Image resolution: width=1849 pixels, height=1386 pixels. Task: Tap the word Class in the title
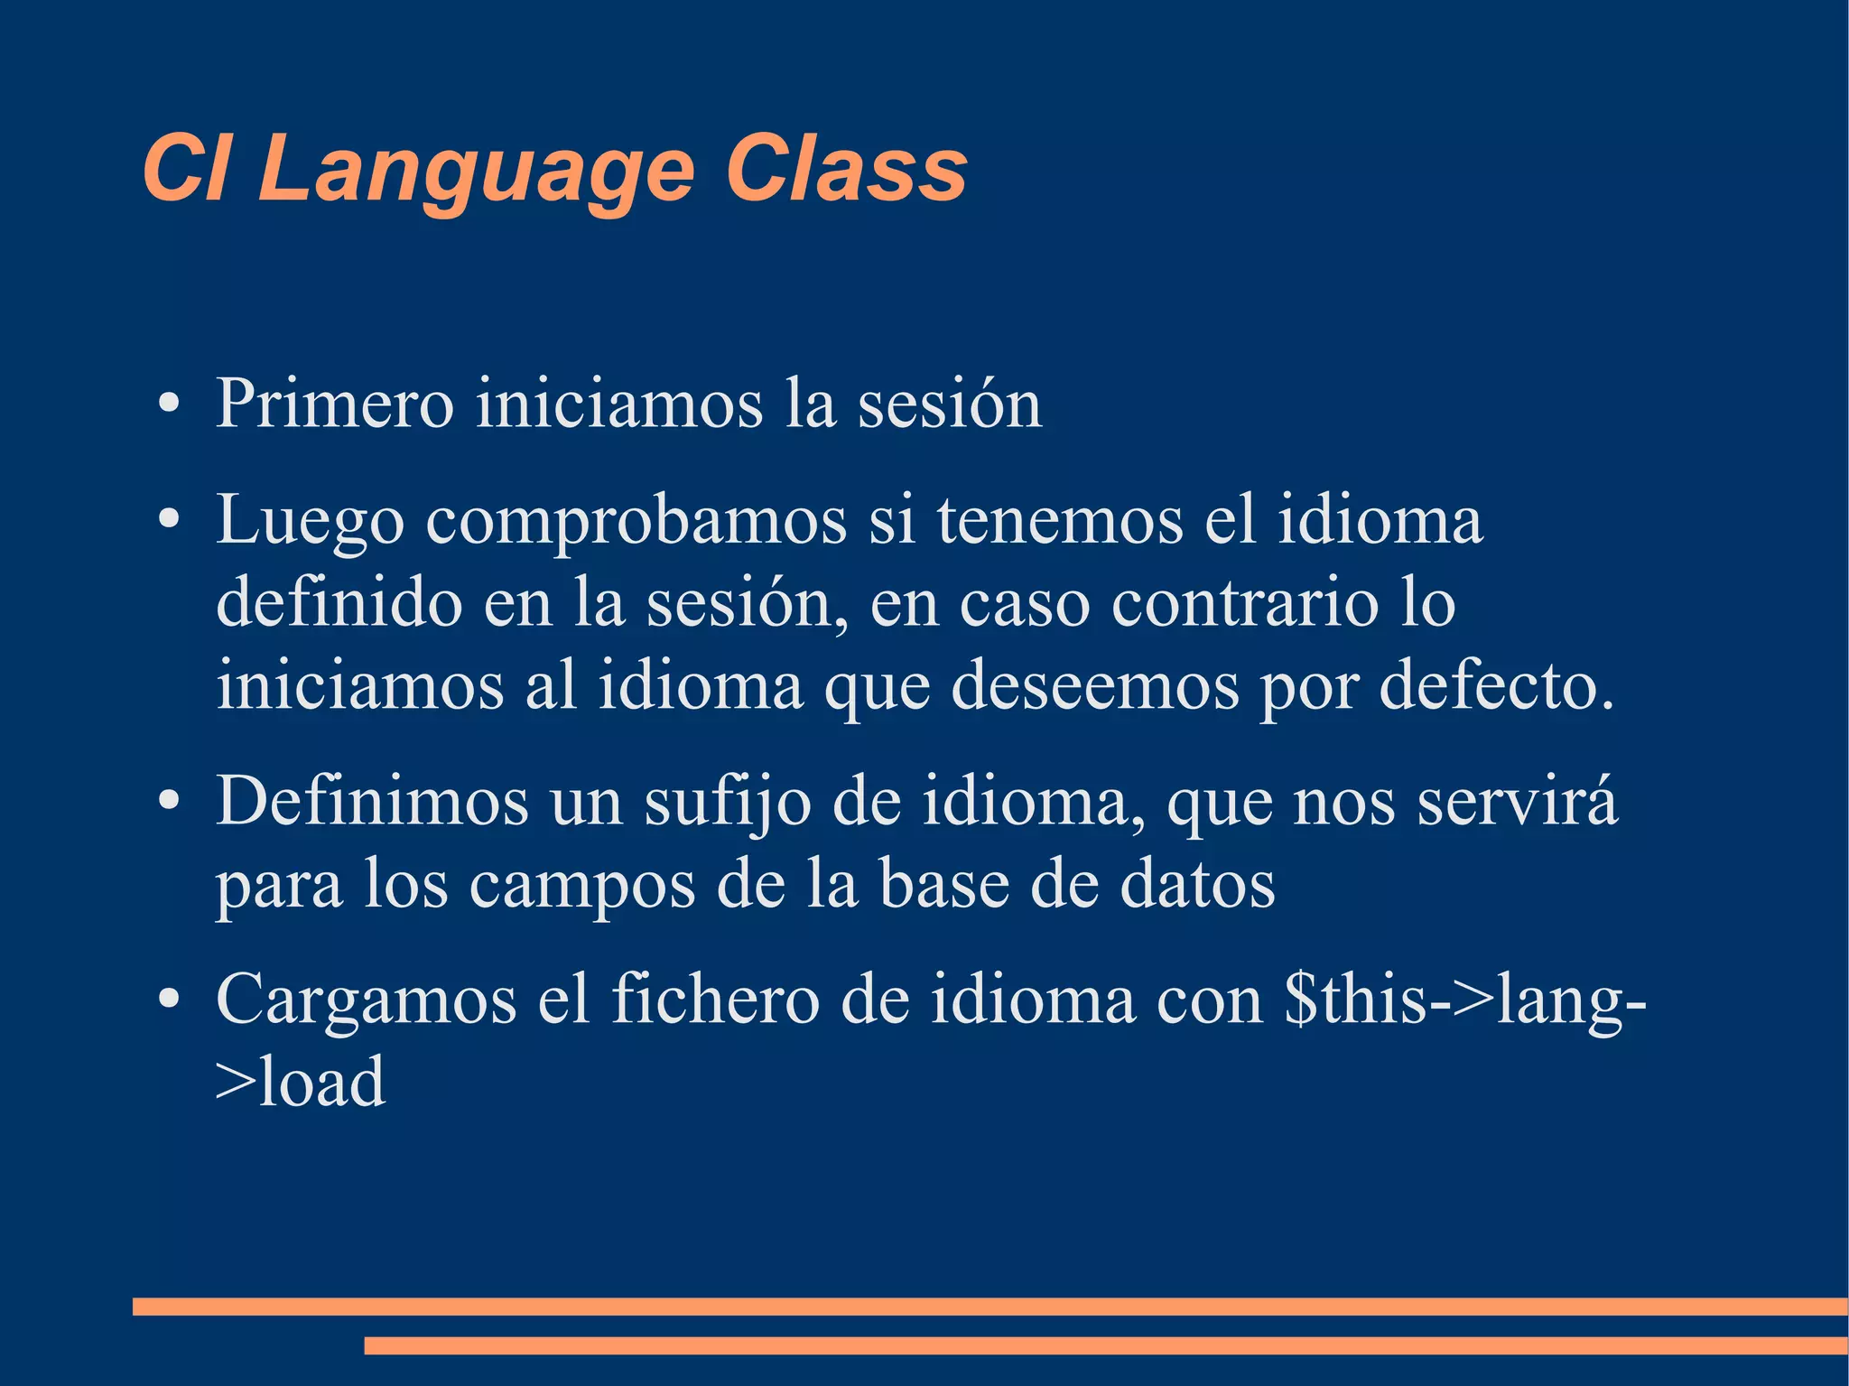tap(846, 170)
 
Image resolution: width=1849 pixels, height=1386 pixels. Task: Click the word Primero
tap(334, 404)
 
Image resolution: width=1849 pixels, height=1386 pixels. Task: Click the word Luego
tap(310, 522)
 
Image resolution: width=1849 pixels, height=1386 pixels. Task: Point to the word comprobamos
tap(636, 522)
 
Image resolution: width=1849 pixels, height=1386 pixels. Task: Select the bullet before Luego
tap(167, 522)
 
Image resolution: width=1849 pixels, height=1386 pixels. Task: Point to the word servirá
tap(1517, 801)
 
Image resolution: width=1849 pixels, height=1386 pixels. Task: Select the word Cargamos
tap(366, 1000)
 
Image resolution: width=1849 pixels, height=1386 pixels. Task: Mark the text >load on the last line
tap(301, 1082)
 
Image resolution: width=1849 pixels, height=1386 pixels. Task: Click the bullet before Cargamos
tap(167, 1000)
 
